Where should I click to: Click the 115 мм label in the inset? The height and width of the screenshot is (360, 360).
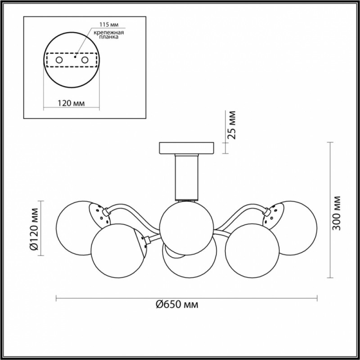pos(109,24)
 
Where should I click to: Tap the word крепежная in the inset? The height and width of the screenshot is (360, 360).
pos(109,32)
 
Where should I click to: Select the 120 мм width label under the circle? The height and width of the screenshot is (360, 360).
pos(71,103)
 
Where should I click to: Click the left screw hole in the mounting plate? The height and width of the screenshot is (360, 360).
pos(59,60)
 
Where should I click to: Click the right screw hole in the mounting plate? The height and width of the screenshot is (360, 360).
pos(85,60)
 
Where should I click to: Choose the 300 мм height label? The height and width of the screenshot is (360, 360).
pos(337,213)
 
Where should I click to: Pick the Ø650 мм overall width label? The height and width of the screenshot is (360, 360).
pos(177,305)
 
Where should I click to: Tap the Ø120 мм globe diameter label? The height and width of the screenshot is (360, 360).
pos(35,229)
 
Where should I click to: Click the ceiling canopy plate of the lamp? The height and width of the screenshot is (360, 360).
pos(186,148)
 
